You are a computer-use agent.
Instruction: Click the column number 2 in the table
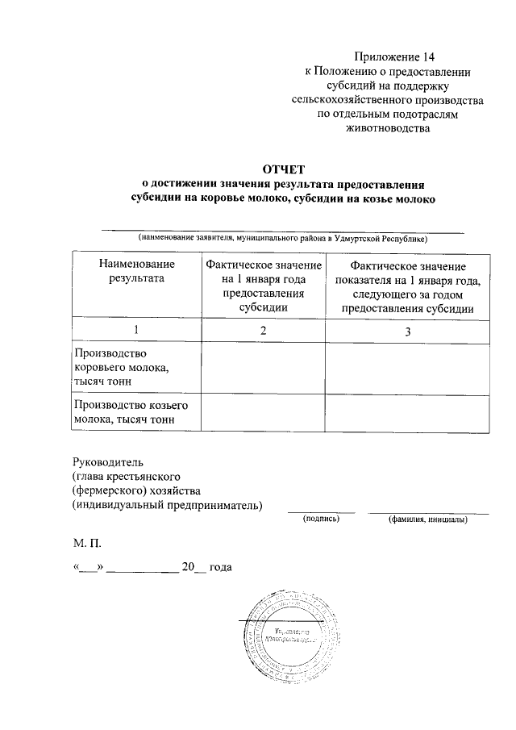(x=263, y=330)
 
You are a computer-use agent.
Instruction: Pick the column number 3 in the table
(x=407, y=331)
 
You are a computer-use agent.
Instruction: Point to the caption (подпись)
(x=321, y=519)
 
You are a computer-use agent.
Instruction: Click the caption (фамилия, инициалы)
(x=427, y=519)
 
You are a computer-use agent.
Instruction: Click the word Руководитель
(x=107, y=462)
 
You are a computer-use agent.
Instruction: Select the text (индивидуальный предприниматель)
(x=167, y=506)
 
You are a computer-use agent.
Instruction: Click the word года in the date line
(x=220, y=567)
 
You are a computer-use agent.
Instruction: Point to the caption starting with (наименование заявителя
(x=281, y=239)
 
